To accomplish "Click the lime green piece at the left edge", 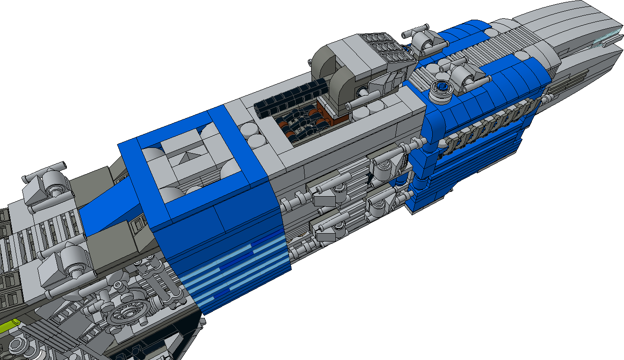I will click(8, 325).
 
